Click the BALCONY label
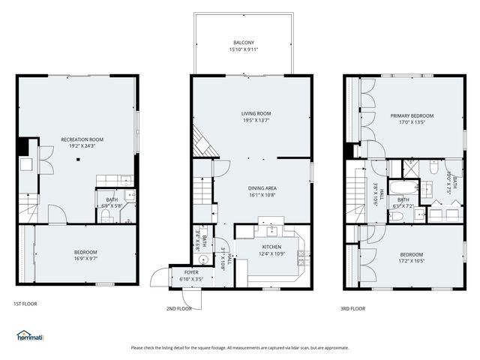[x=243, y=43]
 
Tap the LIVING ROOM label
[x=250, y=113]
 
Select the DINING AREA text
[x=262, y=188]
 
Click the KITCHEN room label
[x=271, y=246]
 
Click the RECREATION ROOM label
[x=82, y=139]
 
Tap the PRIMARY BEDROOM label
[x=407, y=115]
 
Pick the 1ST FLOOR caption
[x=25, y=304]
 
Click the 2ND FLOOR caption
[x=178, y=308]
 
